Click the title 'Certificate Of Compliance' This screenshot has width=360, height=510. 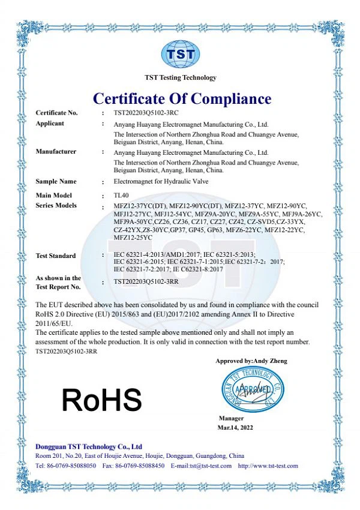182,98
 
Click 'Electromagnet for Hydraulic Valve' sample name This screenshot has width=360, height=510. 155,181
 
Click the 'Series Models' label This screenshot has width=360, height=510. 56,205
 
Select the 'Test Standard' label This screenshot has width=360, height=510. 56,256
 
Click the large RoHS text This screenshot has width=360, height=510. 102,399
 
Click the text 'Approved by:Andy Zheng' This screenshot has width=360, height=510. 251,361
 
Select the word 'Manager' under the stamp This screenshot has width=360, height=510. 232,418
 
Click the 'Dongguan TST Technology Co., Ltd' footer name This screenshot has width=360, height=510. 89,446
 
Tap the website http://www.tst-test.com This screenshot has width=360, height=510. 268,466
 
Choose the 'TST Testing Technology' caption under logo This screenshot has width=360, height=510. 181,77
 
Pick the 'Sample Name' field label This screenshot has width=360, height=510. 56,181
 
